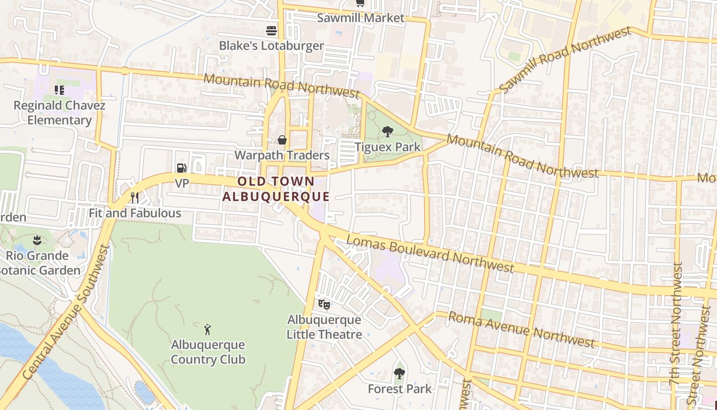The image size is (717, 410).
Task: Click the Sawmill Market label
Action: tap(361, 18)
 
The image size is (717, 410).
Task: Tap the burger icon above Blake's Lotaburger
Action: tap(271, 31)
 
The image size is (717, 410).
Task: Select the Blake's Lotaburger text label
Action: tap(271, 46)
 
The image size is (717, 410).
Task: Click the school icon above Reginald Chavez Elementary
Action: tap(59, 91)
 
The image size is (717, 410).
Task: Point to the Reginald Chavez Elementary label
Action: tap(59, 113)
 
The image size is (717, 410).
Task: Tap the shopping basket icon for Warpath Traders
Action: tap(282, 140)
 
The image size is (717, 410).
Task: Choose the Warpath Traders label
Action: tap(282, 155)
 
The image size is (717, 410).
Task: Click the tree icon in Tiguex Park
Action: tap(388, 132)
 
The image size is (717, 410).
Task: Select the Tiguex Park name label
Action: tap(388, 147)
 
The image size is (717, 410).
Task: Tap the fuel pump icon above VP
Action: tap(181, 168)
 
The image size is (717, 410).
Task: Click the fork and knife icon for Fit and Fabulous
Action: tap(135, 197)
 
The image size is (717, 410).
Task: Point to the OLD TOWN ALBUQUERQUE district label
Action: tap(276, 189)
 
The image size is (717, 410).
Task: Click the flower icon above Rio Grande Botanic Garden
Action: tap(37, 240)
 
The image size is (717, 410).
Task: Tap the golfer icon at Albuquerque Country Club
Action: tap(207, 329)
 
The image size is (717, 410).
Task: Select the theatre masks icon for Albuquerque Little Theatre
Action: tap(324, 304)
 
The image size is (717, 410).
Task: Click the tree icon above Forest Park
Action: tap(399, 374)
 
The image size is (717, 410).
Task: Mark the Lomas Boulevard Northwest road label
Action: tap(430, 254)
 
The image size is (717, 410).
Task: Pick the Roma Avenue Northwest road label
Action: tap(521, 329)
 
